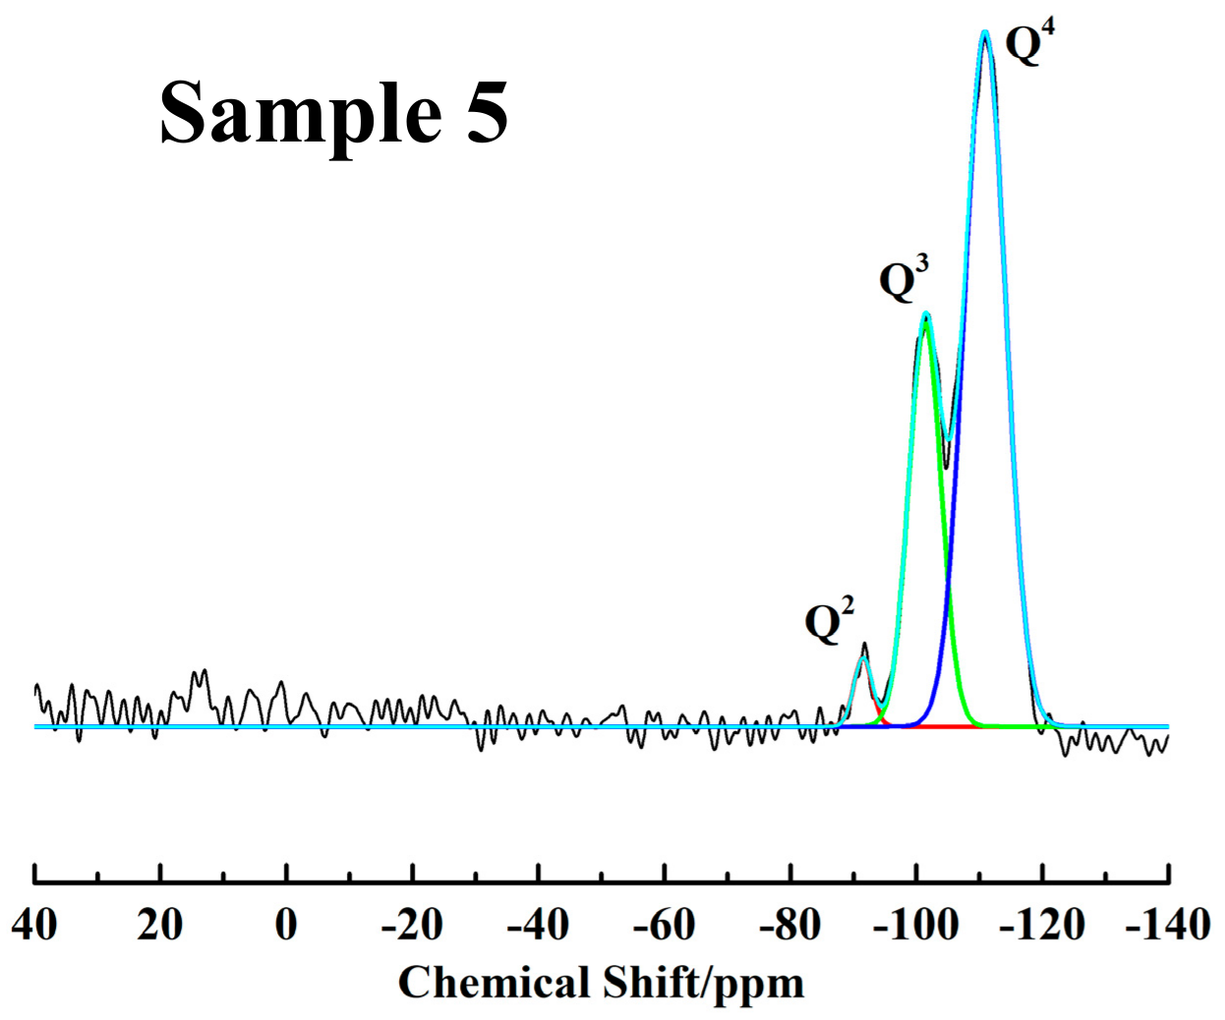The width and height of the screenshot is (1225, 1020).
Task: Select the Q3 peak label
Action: click(903, 279)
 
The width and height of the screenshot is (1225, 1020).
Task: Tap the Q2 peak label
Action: click(828, 620)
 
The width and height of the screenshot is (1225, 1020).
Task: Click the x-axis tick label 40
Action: click(34, 925)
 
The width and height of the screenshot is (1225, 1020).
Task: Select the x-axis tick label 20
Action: click(160, 925)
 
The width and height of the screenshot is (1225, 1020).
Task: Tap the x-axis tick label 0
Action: click(286, 925)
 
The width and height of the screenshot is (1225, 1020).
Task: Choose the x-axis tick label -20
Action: click(411, 925)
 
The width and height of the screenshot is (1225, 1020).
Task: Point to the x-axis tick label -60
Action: click(664, 925)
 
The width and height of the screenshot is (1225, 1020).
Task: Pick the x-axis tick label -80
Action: click(789, 925)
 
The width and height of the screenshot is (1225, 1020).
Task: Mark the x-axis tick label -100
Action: click(915, 925)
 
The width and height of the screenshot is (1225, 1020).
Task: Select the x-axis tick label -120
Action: click(1042, 925)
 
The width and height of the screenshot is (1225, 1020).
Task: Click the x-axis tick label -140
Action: click(1167, 925)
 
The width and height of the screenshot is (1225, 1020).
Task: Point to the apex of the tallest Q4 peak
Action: click(985, 33)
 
